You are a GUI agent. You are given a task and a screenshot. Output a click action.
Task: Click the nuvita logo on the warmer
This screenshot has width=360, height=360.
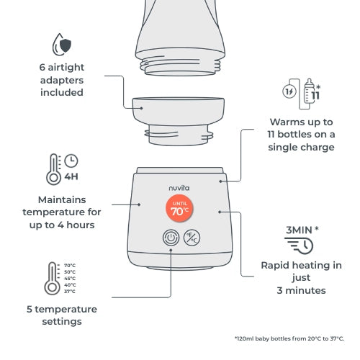(180, 184)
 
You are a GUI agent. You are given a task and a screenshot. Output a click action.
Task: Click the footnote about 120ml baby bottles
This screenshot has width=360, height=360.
(289, 338)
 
